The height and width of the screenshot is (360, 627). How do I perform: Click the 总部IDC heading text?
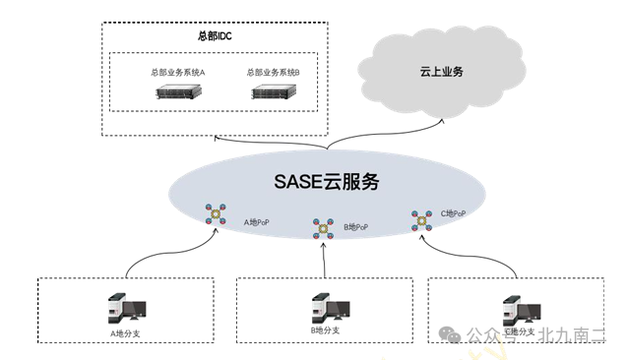click(214, 37)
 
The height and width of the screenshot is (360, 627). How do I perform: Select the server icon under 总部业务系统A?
click(178, 93)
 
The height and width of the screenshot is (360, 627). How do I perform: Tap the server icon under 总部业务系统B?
click(274, 93)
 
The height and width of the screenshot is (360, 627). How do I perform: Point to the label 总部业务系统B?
click(274, 73)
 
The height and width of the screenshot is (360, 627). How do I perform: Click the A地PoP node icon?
click(215, 214)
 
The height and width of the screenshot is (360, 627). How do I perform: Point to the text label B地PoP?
click(355, 227)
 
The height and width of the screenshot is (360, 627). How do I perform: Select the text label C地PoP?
click(453, 212)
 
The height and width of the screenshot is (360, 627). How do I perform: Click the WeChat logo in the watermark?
click(451, 333)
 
